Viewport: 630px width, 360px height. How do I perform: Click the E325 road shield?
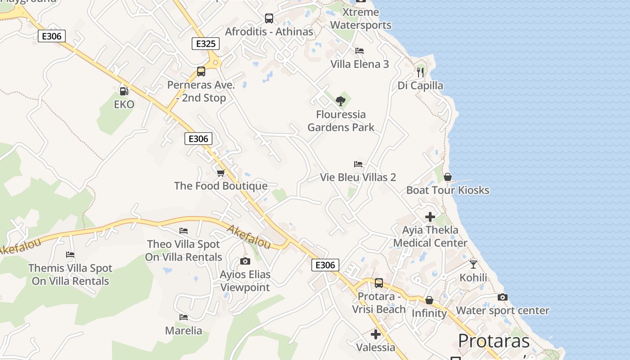coord(206,44)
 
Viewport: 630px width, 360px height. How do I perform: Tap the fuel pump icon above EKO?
coord(124,91)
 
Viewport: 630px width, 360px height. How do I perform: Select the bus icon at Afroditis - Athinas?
coord(269,18)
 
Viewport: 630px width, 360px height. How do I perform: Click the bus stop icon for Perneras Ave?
coord(201,72)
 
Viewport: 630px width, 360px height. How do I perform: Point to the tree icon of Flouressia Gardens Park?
coord(341,101)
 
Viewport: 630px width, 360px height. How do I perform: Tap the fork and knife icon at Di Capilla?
coord(420,72)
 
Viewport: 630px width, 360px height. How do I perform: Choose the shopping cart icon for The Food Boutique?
coord(220,173)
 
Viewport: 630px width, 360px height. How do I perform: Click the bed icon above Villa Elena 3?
coord(360,51)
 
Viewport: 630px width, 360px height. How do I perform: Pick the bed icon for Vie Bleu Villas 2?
coord(358,164)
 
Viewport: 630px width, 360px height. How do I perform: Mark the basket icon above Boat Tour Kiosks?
coord(448,177)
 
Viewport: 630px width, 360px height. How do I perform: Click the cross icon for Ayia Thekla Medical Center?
coord(430,217)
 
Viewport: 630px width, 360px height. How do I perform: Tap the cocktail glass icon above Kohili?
coord(473,265)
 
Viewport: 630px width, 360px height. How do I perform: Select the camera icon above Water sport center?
coord(503,297)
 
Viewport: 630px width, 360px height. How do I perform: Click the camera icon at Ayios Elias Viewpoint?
coord(245,261)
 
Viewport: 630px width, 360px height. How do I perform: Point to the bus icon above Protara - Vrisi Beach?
coord(379,283)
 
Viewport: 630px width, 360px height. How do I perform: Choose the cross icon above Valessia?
coord(376,334)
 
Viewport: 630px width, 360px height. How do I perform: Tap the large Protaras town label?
coord(494,341)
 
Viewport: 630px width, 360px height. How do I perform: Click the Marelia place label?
coord(184,331)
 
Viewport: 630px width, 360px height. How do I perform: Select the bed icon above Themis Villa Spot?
coord(70,255)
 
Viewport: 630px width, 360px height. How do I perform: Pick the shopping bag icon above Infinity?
coord(429,300)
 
